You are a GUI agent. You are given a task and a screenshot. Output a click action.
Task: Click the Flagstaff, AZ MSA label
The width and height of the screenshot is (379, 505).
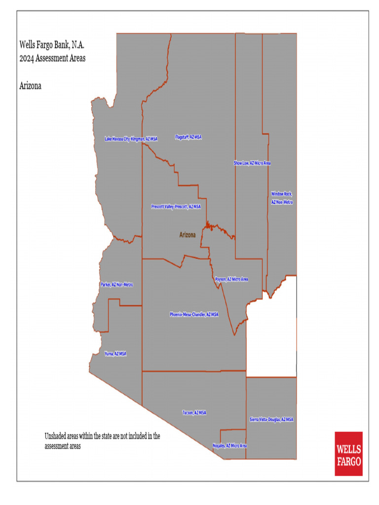click(x=189, y=137)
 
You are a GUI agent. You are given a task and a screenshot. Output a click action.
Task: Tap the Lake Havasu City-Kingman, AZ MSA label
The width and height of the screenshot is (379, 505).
click(x=131, y=139)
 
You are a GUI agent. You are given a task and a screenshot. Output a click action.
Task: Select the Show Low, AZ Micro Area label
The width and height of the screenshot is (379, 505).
click(x=252, y=163)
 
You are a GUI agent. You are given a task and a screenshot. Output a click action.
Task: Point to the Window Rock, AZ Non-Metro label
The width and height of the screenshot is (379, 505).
click(x=282, y=198)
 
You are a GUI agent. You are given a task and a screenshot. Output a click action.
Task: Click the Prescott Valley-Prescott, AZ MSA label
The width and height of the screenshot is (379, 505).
click(x=176, y=207)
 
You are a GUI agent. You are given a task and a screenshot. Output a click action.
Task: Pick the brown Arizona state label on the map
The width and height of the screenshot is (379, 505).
click(x=187, y=235)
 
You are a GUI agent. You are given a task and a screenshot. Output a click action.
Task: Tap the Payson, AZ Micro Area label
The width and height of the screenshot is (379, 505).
click(x=231, y=279)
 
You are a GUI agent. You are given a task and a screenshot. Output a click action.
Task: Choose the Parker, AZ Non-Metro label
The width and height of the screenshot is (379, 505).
click(x=116, y=285)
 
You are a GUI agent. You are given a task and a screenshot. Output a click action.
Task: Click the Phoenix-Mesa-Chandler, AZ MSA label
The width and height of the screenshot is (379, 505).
click(x=194, y=314)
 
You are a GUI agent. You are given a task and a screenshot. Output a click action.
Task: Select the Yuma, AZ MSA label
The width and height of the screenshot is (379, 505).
click(x=115, y=354)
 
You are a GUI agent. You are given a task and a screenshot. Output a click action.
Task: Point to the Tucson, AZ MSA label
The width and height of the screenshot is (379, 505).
click(x=194, y=412)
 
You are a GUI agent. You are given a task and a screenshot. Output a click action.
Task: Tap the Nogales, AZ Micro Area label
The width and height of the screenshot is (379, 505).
click(x=229, y=445)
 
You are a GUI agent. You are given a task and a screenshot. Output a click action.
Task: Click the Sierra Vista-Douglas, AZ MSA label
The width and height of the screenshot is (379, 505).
click(x=271, y=419)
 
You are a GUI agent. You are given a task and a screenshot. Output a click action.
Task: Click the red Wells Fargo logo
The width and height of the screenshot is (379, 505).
click(x=348, y=454)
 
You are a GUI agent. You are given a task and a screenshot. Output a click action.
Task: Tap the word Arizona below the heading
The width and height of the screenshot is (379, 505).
click(x=30, y=86)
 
